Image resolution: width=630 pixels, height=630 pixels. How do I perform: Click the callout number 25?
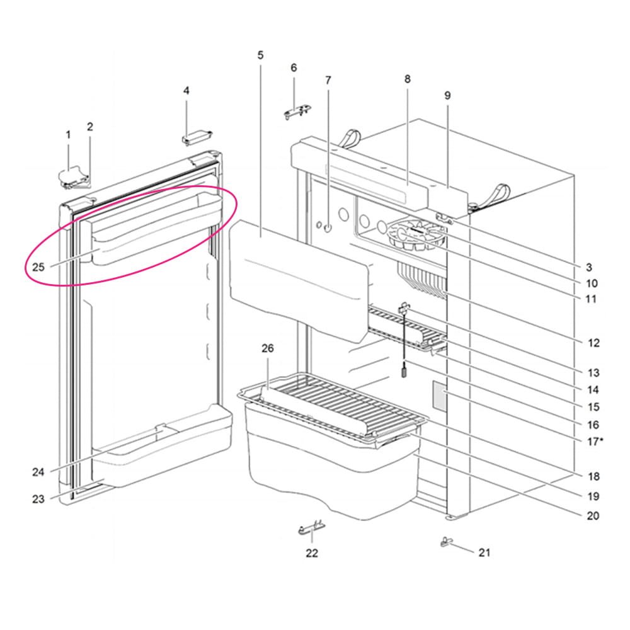(38, 266)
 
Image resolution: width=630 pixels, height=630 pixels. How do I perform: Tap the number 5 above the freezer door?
(260, 55)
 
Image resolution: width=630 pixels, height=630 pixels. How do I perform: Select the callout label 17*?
(595, 442)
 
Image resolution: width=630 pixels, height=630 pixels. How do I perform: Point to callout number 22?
(312, 553)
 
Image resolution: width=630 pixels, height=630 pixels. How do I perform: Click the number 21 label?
(484, 553)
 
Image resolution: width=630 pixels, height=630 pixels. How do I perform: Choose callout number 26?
(268, 348)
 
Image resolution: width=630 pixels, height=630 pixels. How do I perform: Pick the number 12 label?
(593, 343)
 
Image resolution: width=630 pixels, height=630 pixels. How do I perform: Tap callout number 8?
(408, 79)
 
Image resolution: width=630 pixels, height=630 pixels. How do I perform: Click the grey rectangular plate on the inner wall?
(440, 396)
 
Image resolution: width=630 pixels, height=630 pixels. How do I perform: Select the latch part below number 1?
(73, 178)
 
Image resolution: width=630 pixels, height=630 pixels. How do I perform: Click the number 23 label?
(38, 500)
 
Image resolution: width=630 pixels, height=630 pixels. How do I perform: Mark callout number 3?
(589, 267)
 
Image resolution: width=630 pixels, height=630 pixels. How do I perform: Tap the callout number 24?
(38, 472)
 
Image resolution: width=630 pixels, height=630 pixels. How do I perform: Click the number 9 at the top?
(447, 96)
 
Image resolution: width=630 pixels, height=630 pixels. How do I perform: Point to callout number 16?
(593, 425)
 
